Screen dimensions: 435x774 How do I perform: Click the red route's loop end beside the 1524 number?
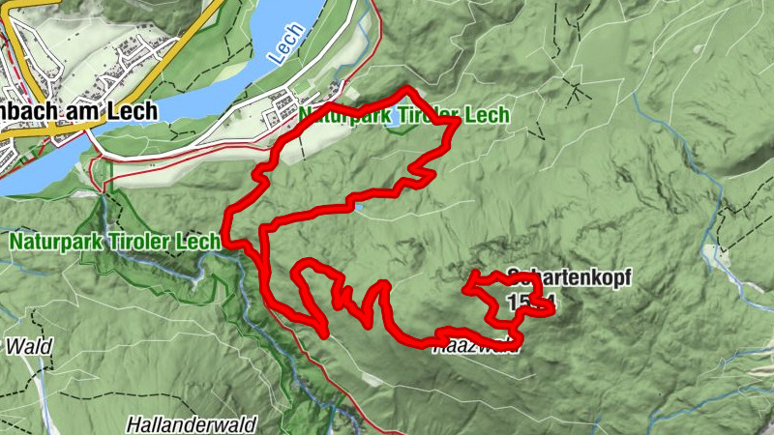click(x=550, y=308)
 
